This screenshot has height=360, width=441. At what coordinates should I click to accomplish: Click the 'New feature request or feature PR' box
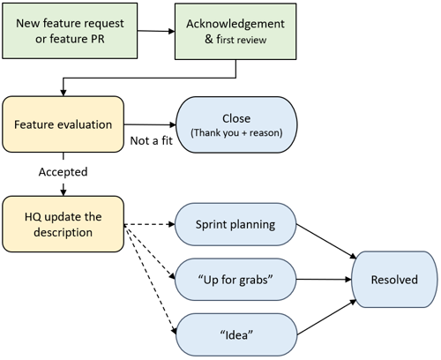click(70, 31)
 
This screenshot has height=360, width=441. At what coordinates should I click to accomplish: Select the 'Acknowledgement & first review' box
click(235, 32)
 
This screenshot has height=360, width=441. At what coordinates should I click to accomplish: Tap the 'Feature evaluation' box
click(63, 124)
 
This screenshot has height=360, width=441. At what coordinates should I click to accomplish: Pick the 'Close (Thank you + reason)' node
click(236, 124)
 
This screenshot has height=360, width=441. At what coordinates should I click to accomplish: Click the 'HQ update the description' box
click(63, 224)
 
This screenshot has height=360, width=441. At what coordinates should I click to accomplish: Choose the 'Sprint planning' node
click(235, 224)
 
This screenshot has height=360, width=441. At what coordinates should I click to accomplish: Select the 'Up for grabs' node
click(235, 280)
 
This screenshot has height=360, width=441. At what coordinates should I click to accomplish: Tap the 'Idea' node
click(236, 334)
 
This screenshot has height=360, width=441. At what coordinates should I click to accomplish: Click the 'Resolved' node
click(394, 280)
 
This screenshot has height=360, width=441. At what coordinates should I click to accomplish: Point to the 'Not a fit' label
click(151, 140)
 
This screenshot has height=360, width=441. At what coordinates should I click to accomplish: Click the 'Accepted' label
click(63, 172)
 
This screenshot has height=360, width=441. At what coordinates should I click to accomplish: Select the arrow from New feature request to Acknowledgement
click(156, 31)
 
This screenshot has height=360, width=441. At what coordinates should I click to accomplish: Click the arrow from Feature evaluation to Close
click(150, 124)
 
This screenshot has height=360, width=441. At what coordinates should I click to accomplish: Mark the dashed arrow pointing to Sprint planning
click(149, 224)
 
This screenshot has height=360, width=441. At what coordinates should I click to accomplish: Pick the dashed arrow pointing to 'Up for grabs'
click(149, 252)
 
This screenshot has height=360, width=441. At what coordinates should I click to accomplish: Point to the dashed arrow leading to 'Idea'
click(150, 280)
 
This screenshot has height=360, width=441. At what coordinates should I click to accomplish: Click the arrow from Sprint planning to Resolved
click(326, 242)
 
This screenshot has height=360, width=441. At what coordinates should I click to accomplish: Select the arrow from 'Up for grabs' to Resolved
click(324, 280)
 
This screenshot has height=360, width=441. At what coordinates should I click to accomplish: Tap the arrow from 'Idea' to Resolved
click(327, 318)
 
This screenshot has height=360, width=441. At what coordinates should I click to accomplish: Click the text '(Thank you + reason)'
click(236, 132)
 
